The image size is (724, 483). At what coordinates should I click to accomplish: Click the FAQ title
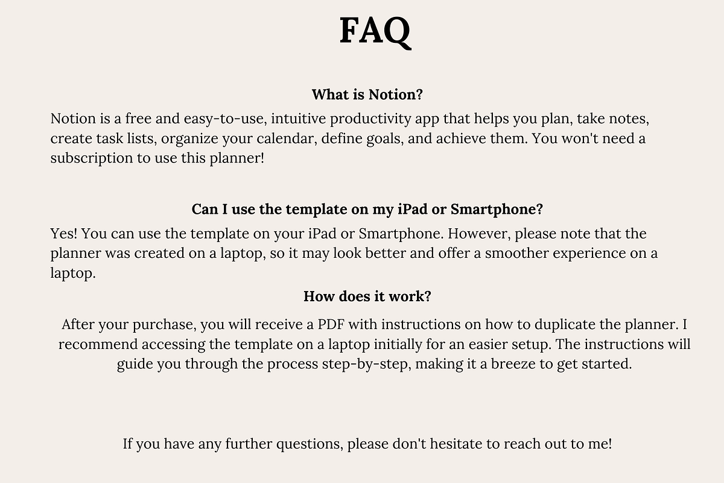pos(375,31)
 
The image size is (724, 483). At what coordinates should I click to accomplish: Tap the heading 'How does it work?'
pos(367,296)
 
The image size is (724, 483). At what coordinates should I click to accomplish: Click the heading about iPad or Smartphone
pos(367,210)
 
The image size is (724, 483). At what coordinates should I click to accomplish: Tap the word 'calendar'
pos(287,138)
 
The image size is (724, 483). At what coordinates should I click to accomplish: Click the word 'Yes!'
pos(63,233)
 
